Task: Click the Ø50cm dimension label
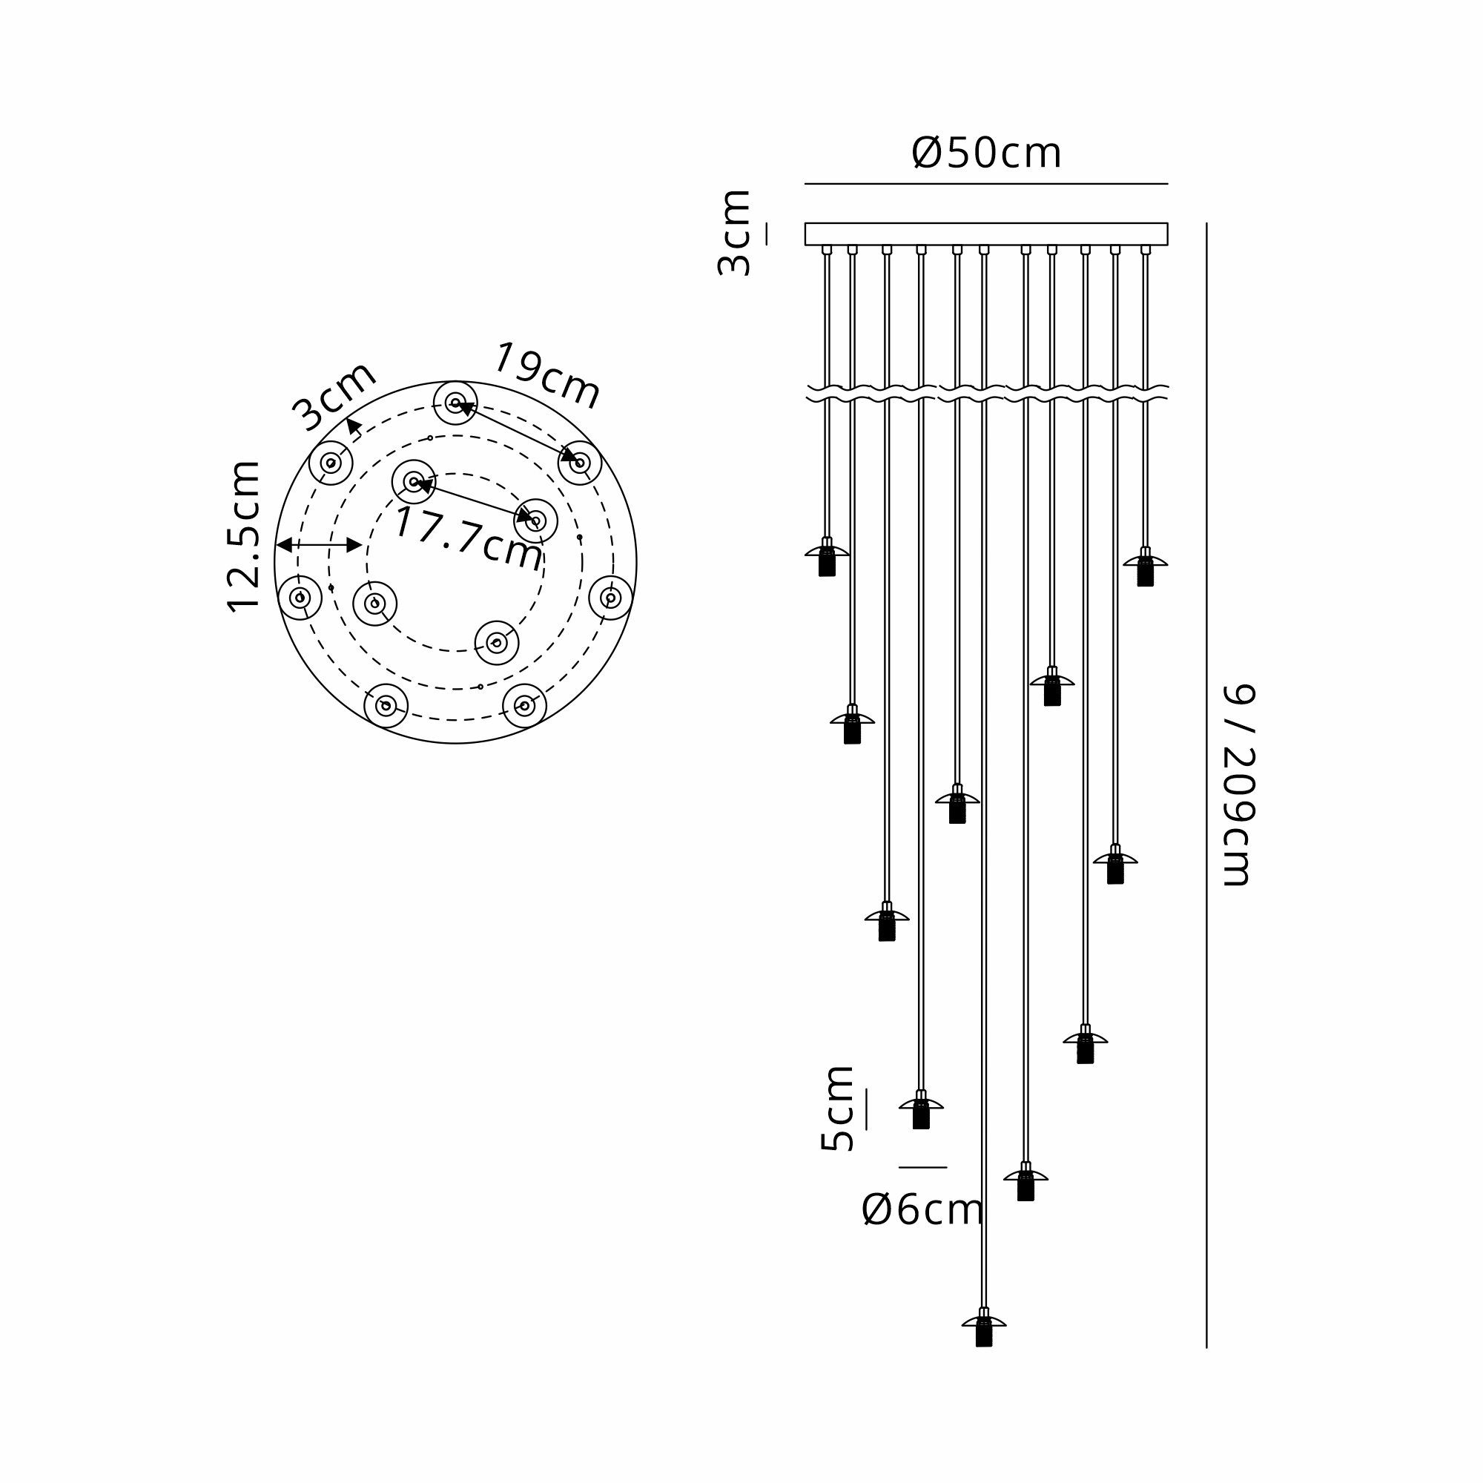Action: click(x=986, y=153)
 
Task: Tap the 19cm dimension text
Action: click(x=546, y=375)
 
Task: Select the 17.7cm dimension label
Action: click(x=468, y=539)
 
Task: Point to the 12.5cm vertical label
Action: click(x=243, y=537)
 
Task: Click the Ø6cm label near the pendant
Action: click(x=922, y=1209)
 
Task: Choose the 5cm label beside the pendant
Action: click(x=836, y=1108)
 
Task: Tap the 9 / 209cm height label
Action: click(x=1238, y=785)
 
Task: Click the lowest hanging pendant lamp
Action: click(x=984, y=1327)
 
